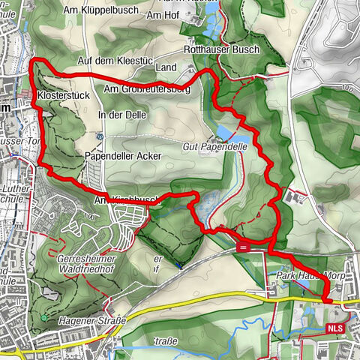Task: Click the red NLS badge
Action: tap(337, 328)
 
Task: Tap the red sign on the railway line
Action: tap(243, 245)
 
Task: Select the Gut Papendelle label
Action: tap(214, 148)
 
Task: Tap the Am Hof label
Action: tap(166, 14)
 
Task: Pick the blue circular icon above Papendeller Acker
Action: tap(100, 136)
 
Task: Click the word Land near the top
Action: tap(165, 67)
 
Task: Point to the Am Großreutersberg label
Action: tap(146, 89)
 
